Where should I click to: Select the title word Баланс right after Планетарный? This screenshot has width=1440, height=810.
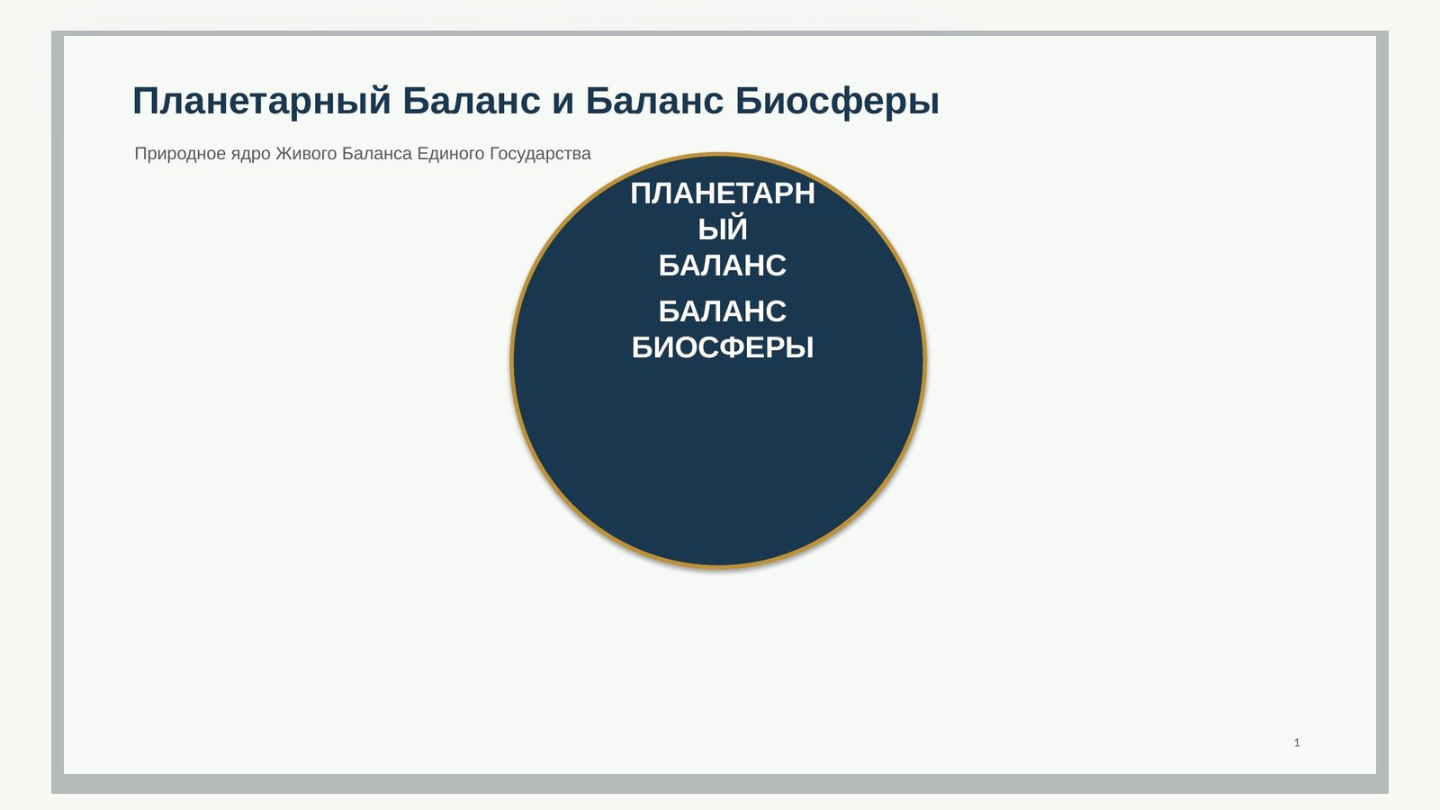[x=472, y=101]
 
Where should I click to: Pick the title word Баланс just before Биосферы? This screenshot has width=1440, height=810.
[x=654, y=101]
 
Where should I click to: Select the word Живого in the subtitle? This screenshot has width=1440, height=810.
[x=306, y=154]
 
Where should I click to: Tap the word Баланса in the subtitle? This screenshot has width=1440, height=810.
[x=377, y=154]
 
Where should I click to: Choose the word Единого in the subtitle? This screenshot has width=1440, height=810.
[x=451, y=154]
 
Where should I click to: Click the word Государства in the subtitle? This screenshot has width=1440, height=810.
[x=540, y=154]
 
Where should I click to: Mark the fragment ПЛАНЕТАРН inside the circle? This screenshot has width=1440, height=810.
[x=723, y=193]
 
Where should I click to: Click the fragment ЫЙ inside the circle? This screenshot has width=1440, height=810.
[x=723, y=229]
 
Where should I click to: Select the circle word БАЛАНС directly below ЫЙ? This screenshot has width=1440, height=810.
[x=723, y=265]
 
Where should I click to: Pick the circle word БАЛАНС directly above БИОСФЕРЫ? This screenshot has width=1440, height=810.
[x=723, y=311]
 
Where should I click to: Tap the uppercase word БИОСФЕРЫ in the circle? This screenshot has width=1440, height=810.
[x=723, y=347]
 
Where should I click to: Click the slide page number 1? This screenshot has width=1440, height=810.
[x=1297, y=743]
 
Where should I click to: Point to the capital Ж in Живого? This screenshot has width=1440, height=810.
[x=283, y=154]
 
